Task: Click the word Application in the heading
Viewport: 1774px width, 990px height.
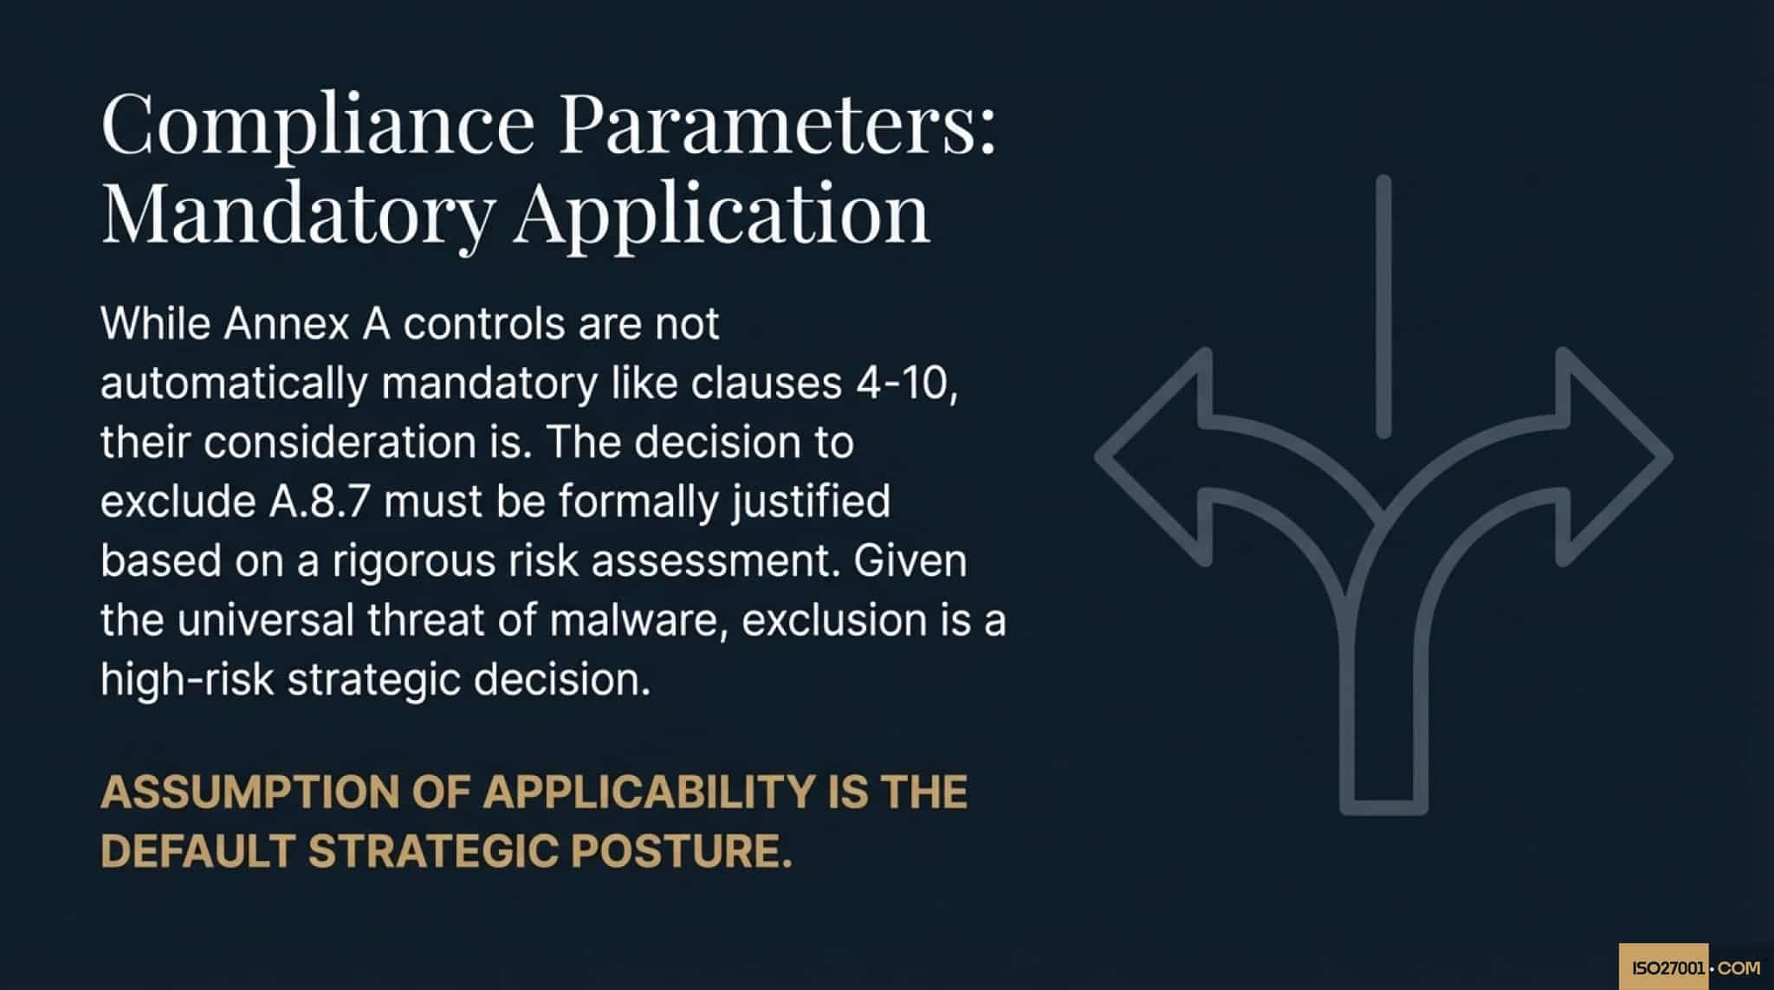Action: click(x=722, y=214)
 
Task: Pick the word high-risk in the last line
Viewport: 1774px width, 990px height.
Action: click(x=187, y=679)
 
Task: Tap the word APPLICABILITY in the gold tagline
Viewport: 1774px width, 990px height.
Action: click(x=648, y=792)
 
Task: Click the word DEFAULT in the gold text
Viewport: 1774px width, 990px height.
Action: click(x=198, y=851)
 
